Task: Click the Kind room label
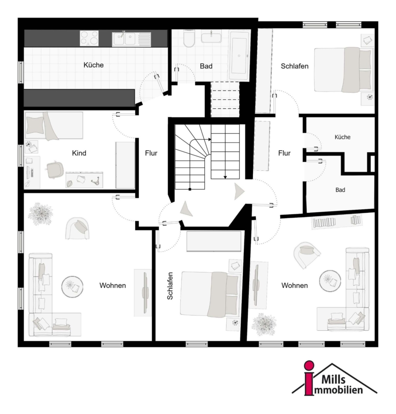click(79, 153)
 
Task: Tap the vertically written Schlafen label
click(170, 286)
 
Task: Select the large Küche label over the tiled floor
click(93, 65)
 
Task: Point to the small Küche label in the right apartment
click(342, 137)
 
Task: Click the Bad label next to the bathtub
click(206, 66)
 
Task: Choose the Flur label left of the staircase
click(151, 153)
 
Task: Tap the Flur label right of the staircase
click(284, 153)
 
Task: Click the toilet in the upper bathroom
click(189, 39)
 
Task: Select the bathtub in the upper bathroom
click(240, 56)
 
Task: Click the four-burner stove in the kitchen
click(89, 38)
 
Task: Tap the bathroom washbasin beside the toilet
click(212, 36)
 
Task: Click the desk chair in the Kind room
click(55, 169)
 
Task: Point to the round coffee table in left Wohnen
click(72, 287)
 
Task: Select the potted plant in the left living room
click(40, 213)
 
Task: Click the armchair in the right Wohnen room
click(307, 254)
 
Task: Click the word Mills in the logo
click(333, 379)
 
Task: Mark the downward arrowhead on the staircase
click(225, 177)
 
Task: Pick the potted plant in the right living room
click(264, 324)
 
